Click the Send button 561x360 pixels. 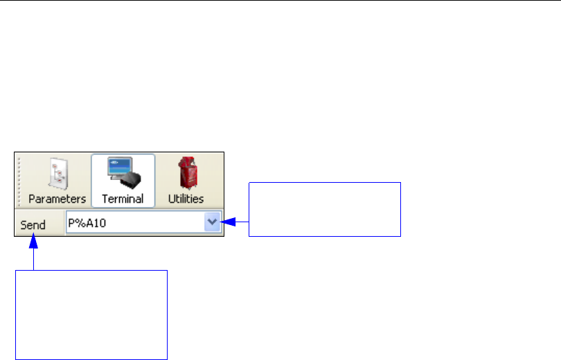33,225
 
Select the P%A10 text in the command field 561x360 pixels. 86,224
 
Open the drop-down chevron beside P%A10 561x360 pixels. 213,223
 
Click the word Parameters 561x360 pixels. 57,199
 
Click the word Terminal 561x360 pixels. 123,199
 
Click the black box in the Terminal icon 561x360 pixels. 130,180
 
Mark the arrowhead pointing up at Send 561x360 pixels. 33,240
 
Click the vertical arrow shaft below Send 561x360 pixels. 33,258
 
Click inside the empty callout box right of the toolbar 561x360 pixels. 324,209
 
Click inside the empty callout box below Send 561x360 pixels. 91,314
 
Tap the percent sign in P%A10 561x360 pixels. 78,224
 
